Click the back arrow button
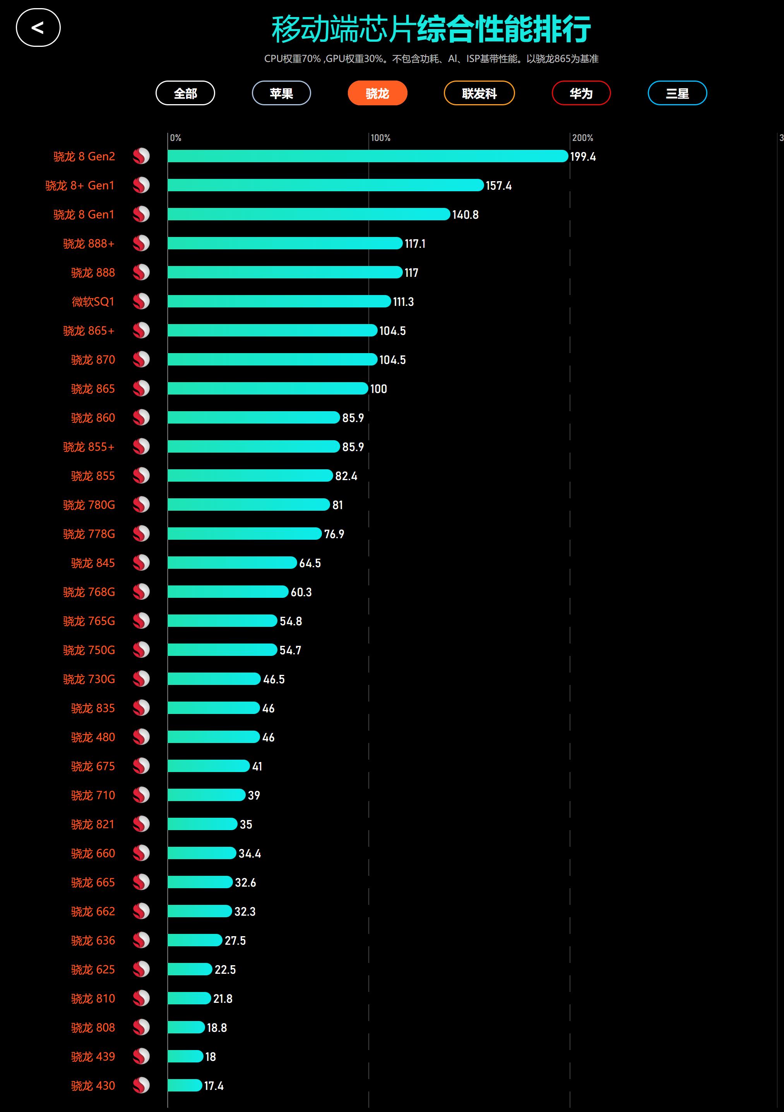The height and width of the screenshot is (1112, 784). click(38, 27)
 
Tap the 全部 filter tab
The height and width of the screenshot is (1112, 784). click(185, 93)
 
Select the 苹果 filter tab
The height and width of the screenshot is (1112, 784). click(281, 93)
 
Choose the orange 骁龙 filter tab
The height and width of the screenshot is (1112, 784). click(377, 93)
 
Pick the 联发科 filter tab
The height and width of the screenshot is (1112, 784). click(479, 93)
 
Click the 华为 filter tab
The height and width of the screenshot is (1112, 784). click(581, 93)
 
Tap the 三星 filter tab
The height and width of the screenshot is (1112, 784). click(677, 93)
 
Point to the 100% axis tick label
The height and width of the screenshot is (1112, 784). click(380, 138)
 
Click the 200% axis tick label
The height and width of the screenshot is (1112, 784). click(582, 138)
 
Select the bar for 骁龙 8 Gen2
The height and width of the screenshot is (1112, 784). click(368, 156)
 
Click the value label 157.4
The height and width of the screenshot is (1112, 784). click(498, 185)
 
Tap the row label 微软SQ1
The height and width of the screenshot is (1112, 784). click(93, 302)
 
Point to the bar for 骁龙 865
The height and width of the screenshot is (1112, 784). click(268, 388)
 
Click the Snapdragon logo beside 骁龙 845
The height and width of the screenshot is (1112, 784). click(141, 563)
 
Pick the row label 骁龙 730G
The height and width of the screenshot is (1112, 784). click(89, 679)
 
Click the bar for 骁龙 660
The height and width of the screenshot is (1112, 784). click(202, 853)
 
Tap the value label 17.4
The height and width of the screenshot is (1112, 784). click(214, 1086)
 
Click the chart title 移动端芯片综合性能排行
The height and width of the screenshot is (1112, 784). click(431, 29)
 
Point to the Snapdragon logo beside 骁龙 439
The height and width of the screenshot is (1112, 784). click(141, 1056)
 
